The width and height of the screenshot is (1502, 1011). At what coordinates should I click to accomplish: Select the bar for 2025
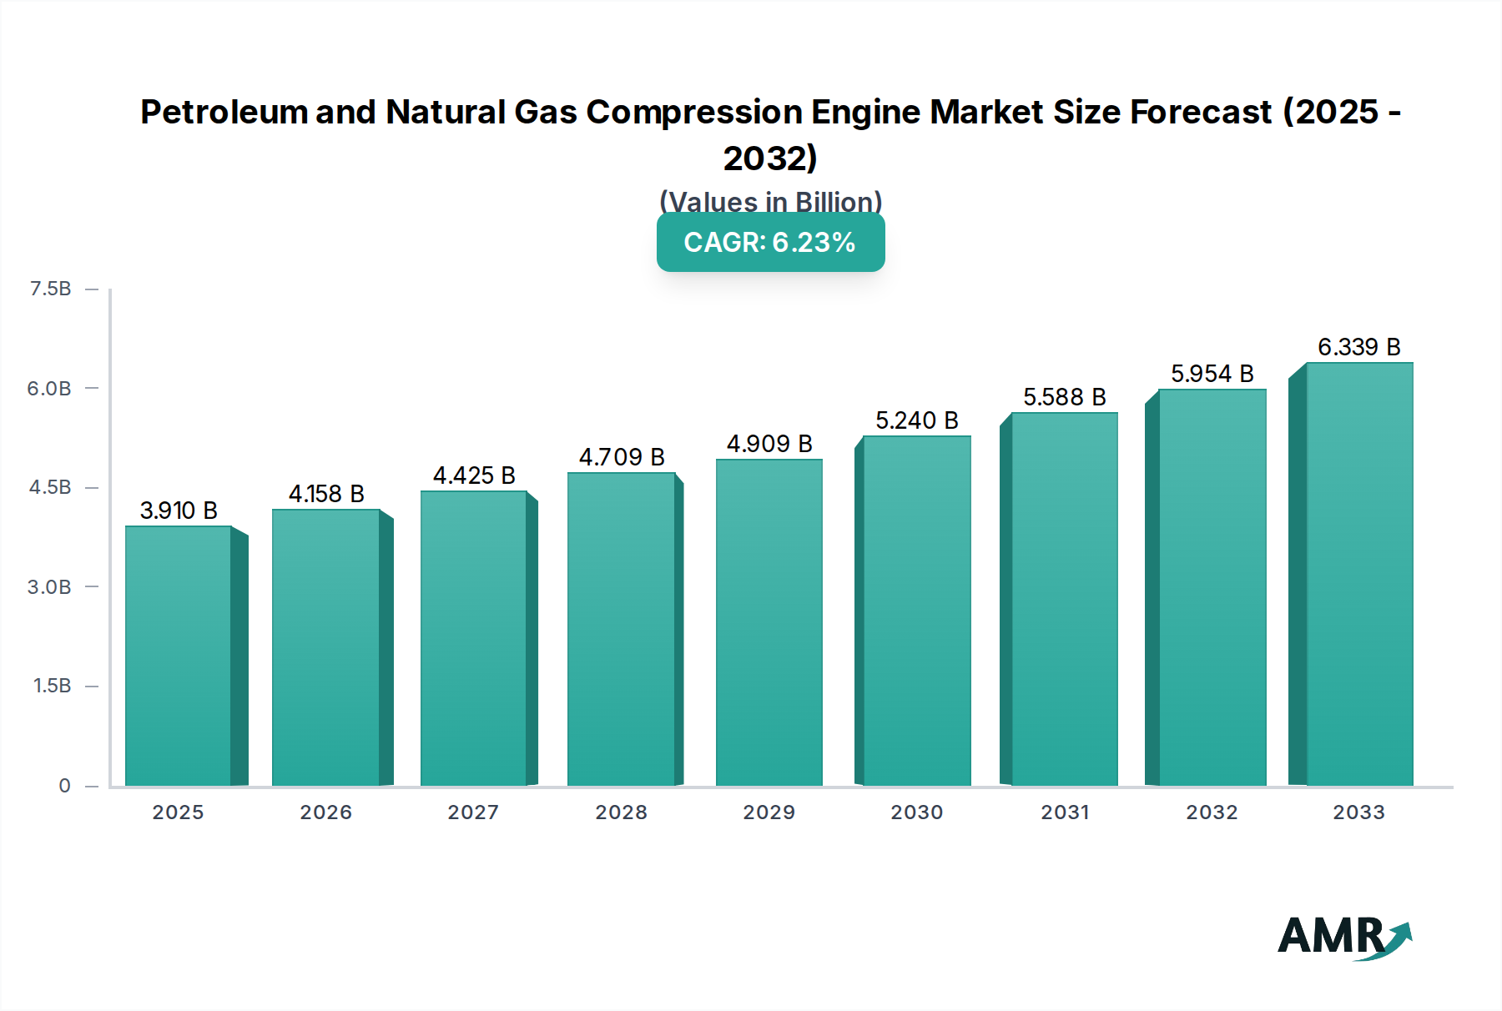pos(178,656)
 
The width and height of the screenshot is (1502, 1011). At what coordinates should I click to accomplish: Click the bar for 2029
pos(769,622)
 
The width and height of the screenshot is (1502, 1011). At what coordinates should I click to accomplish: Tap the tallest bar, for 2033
pos(1359,574)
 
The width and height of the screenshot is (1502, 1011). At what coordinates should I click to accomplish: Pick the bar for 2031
pos(1064,599)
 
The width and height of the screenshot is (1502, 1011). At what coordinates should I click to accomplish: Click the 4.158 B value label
pos(326,494)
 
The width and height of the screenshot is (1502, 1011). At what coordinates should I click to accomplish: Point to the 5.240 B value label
pos(916,420)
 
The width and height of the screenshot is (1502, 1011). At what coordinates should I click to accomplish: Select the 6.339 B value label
pos(1358,347)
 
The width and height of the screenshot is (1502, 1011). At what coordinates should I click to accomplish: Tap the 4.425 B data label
pos(474,475)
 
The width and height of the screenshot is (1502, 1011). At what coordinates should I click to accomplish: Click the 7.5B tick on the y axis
pos(50,289)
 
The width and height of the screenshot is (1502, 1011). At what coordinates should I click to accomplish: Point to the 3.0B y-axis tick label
pos(49,587)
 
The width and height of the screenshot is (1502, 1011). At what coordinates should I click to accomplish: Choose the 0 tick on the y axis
pos(64,786)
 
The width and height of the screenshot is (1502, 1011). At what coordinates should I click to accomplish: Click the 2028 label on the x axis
pos(621,812)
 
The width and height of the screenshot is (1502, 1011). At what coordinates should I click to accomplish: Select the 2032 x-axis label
pos(1212,812)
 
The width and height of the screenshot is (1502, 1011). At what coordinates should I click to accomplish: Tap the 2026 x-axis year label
pos(325,812)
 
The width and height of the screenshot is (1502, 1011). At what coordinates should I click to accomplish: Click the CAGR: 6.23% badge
pos(770,243)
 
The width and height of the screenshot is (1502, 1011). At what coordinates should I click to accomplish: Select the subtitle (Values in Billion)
pos(770,201)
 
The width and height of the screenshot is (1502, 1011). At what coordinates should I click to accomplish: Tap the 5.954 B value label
pos(1212,374)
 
